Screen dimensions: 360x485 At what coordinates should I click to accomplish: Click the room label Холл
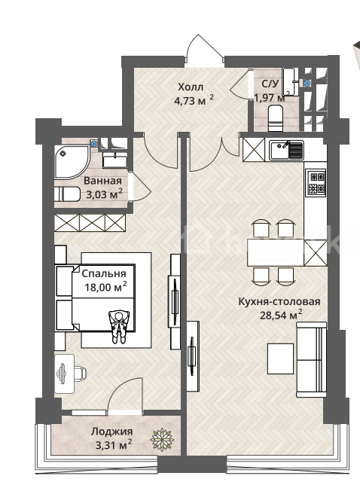(191, 87)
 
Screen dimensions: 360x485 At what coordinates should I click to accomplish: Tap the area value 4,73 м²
(194, 100)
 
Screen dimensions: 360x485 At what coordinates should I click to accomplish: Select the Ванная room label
(102, 181)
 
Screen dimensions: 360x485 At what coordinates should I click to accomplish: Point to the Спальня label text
(104, 273)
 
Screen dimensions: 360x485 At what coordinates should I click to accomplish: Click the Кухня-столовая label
(279, 301)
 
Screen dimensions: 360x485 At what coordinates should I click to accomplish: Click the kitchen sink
(286, 150)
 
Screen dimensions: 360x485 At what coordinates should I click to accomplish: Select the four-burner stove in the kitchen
(316, 182)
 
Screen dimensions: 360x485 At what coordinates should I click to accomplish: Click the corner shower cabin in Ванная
(72, 161)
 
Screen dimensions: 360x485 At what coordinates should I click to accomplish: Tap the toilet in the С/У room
(275, 117)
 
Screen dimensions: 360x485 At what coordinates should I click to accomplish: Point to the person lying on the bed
(119, 327)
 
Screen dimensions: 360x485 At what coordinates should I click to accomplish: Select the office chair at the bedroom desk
(79, 373)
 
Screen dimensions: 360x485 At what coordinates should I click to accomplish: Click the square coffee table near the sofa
(280, 358)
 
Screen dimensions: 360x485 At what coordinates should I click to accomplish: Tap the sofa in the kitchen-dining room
(312, 359)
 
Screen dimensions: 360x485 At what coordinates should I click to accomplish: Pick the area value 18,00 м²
(105, 287)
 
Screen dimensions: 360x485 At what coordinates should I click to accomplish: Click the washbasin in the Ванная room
(114, 161)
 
